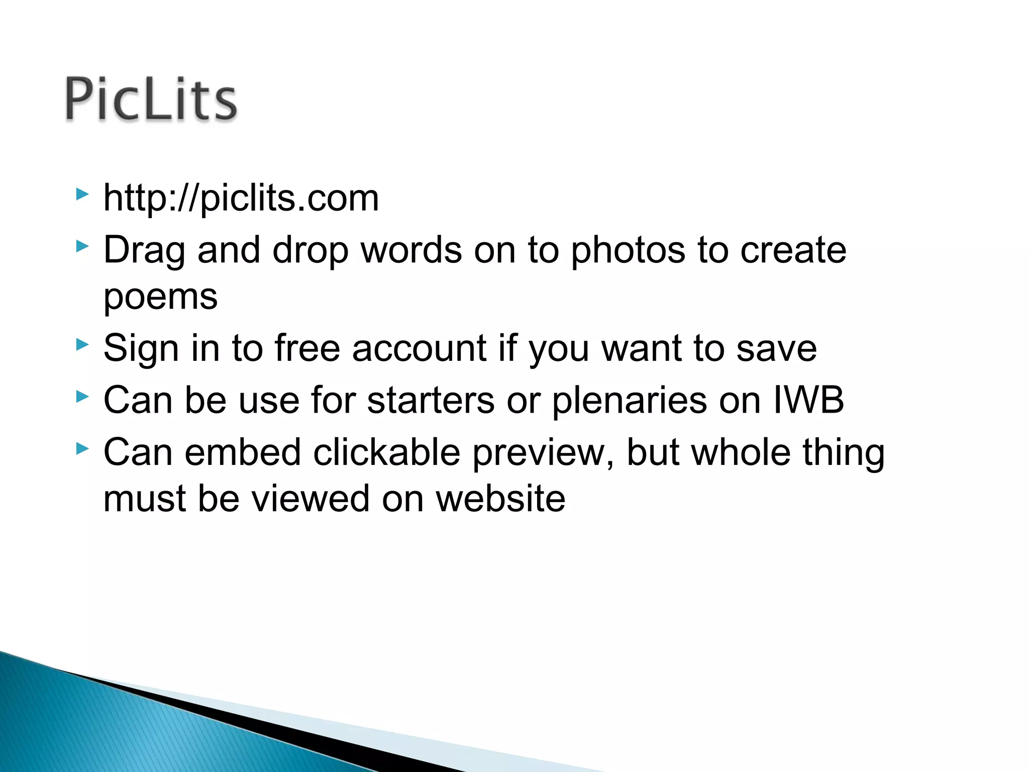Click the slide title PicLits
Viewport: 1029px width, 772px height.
(x=151, y=99)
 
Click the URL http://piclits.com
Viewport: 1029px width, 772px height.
(x=241, y=198)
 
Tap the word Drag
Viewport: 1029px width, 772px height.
(x=144, y=251)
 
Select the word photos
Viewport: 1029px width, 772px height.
(x=628, y=251)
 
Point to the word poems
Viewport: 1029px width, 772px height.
(x=160, y=298)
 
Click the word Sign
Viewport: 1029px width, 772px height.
(x=141, y=349)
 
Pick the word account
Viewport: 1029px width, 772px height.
(x=419, y=348)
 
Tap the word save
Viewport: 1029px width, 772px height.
(x=776, y=349)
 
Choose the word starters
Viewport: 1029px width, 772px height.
(x=431, y=400)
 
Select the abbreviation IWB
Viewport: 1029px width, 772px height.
(x=808, y=400)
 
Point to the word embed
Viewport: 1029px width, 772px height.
(x=243, y=452)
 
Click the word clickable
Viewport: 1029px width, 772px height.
(x=387, y=452)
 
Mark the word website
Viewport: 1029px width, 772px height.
(x=500, y=499)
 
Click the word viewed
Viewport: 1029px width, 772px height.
(x=310, y=499)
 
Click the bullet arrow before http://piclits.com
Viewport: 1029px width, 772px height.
(x=82, y=194)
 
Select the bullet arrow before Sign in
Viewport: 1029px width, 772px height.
(x=82, y=345)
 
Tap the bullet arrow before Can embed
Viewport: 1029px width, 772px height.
(x=82, y=448)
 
